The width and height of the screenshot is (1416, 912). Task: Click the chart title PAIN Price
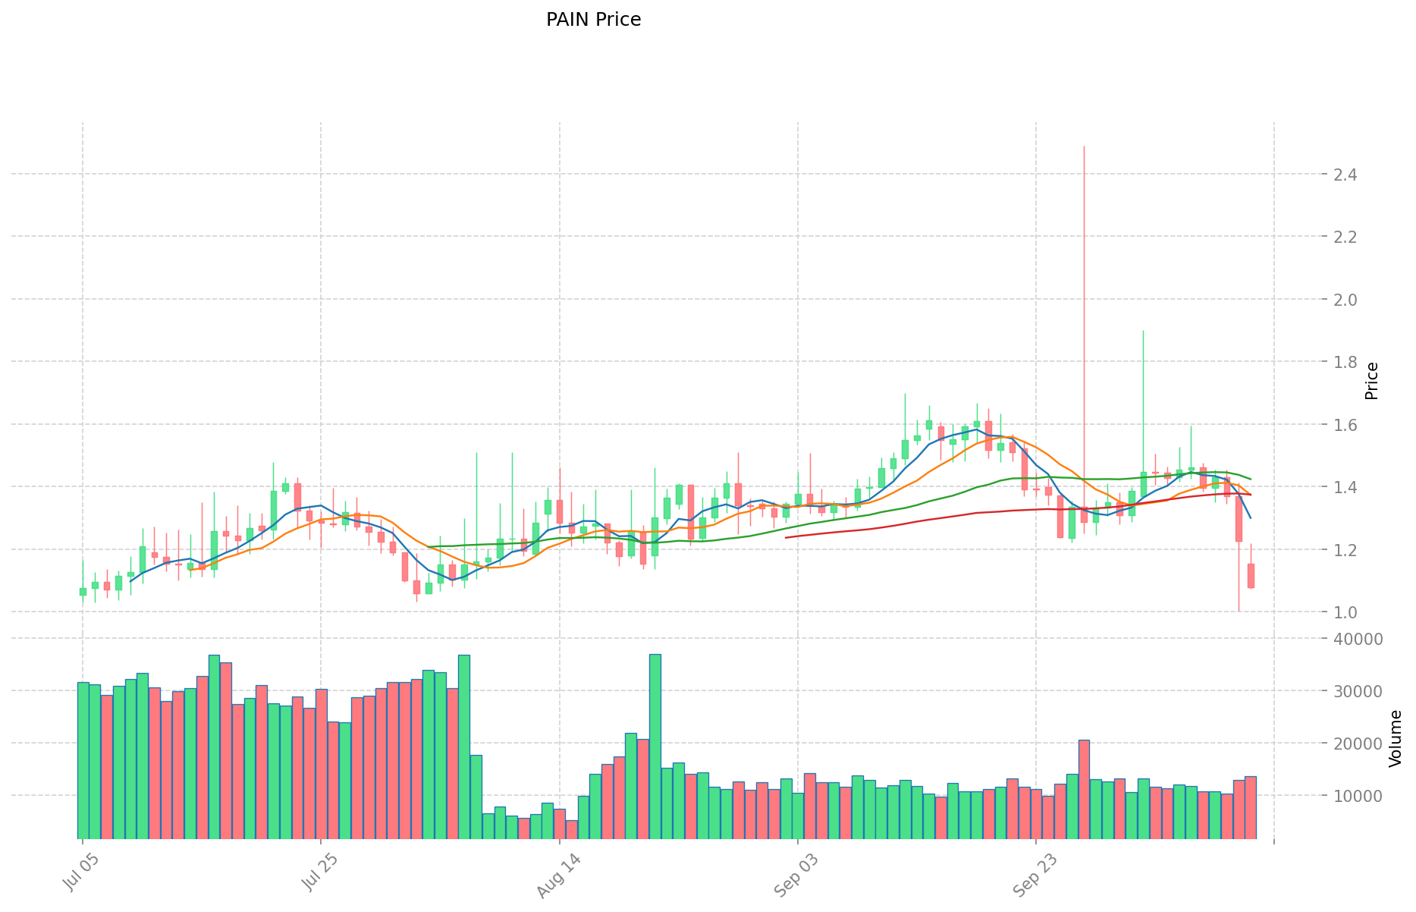tap(593, 20)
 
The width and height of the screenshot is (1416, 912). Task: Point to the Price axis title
tap(1371, 381)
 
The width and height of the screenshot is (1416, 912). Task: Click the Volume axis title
tap(1396, 738)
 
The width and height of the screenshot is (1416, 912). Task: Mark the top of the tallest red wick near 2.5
tap(1084, 147)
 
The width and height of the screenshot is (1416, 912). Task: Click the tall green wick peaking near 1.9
tap(1143, 332)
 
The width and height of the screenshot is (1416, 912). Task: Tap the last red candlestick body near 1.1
tap(1251, 575)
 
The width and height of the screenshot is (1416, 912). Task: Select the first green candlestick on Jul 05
tap(83, 592)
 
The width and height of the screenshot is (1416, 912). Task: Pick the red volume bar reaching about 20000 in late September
tap(1084, 789)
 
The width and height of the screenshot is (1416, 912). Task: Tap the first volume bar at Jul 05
tap(83, 760)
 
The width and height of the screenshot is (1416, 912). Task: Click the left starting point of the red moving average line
tap(786, 537)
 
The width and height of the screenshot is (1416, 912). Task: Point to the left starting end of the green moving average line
tap(429, 546)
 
